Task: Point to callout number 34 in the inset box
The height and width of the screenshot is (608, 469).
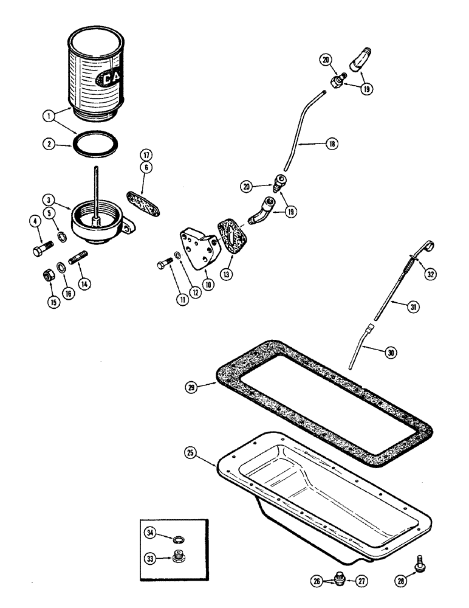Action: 150,533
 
